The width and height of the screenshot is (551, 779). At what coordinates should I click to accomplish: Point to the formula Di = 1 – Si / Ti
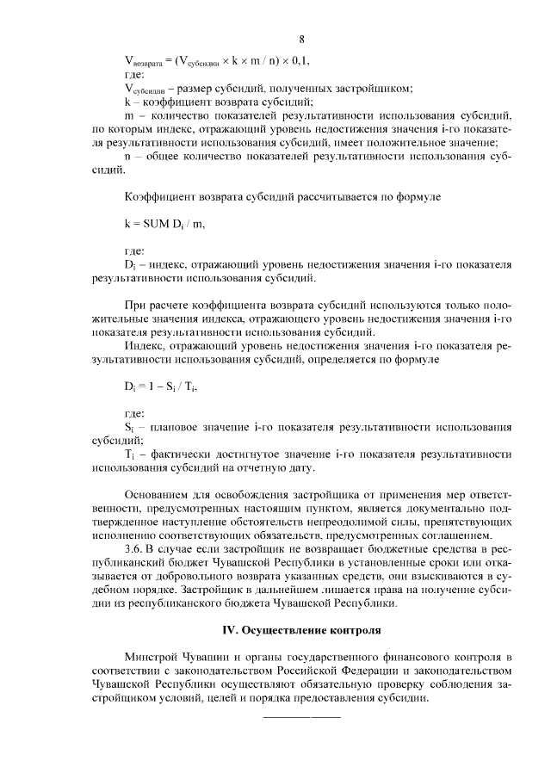(161, 387)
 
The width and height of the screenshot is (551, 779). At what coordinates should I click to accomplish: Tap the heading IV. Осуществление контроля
(300, 630)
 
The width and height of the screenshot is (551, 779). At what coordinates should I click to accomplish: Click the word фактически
(181, 454)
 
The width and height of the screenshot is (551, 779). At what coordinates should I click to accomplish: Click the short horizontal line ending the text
(300, 716)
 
